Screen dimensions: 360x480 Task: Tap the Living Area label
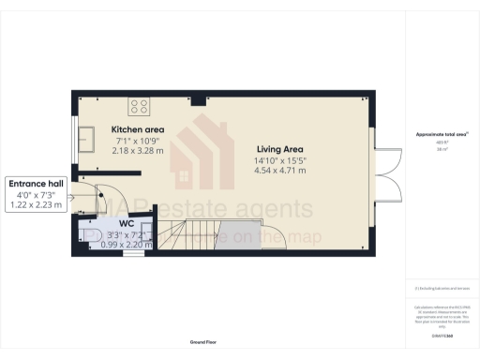[279, 148]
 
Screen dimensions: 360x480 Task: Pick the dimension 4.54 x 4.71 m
[279, 172]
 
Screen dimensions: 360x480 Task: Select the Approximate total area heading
[442, 135]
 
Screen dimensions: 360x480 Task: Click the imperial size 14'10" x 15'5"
[279, 160]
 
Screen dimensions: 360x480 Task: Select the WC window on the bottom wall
[134, 253]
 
